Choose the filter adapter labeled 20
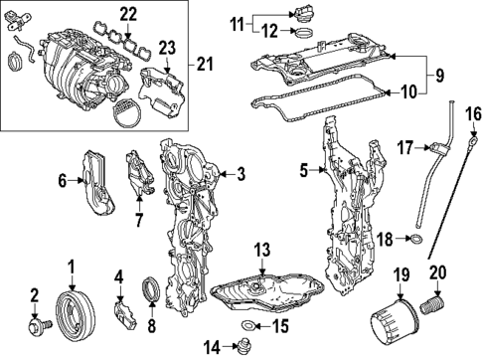click(434, 308)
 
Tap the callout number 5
click(305, 171)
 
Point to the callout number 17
click(403, 147)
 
